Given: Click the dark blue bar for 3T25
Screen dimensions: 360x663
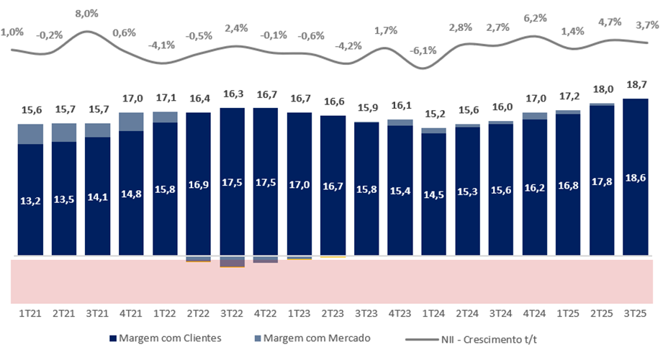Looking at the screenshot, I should click(636, 177).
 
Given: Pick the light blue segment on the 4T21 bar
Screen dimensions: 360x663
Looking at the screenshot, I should click(131, 122).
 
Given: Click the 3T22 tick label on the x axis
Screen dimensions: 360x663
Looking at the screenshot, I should click(232, 315).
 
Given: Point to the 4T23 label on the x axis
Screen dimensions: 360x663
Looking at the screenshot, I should click(400, 315).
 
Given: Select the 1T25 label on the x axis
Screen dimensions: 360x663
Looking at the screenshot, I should click(568, 315).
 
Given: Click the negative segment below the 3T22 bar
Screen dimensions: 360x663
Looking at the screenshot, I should click(232, 261).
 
